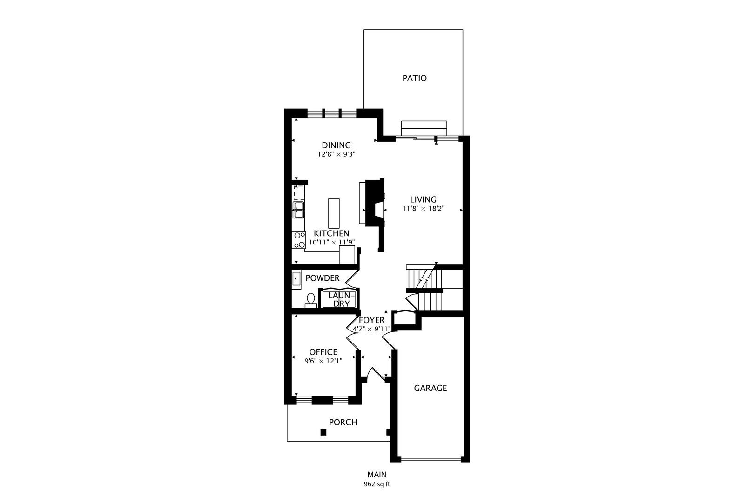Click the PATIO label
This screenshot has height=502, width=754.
coord(414,79)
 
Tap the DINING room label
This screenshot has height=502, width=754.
coord(336,145)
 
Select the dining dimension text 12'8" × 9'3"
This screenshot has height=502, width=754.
coord(337,154)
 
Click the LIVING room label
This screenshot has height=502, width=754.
coord(423,199)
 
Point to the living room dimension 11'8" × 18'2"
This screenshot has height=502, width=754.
coord(424,208)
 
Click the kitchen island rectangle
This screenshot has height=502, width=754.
coord(334,213)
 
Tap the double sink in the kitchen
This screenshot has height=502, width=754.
coord(298,210)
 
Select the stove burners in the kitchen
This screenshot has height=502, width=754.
coord(298,240)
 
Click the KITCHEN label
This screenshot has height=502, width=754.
coord(331,233)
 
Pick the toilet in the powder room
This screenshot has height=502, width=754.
coord(311,301)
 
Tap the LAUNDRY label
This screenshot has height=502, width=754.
coord(342,300)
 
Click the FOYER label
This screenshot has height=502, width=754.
coord(371,320)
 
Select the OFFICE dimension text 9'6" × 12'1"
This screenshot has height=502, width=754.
coord(323,361)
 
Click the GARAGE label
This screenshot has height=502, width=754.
coord(431,388)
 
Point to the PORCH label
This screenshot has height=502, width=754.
coord(343,423)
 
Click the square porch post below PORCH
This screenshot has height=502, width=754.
coord(323,432)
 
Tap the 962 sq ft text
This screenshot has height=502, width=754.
coord(377,484)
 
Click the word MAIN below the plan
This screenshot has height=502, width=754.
coord(377,475)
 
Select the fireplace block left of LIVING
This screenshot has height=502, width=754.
coord(374,203)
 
